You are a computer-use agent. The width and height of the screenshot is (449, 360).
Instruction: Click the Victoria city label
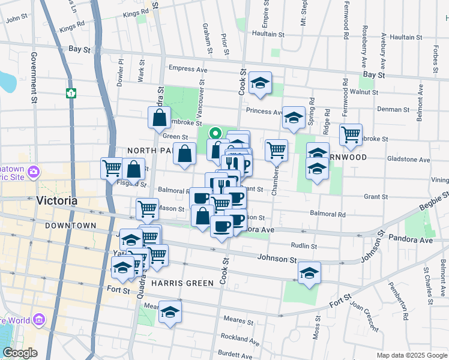pos(56,201)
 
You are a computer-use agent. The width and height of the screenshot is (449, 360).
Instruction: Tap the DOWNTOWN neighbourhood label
pos(70,226)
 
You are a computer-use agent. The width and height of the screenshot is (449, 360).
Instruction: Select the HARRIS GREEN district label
pos(182,283)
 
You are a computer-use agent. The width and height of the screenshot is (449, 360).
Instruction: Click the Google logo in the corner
pos(20,353)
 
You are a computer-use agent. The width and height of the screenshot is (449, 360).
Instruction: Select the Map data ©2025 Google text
pos(411,355)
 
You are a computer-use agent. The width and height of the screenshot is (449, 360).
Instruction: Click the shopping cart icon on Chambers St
pos(276,149)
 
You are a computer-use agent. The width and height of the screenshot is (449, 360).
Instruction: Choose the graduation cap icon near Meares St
pos(170,313)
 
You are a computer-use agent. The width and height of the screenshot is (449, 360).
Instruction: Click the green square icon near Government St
pos(71,93)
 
